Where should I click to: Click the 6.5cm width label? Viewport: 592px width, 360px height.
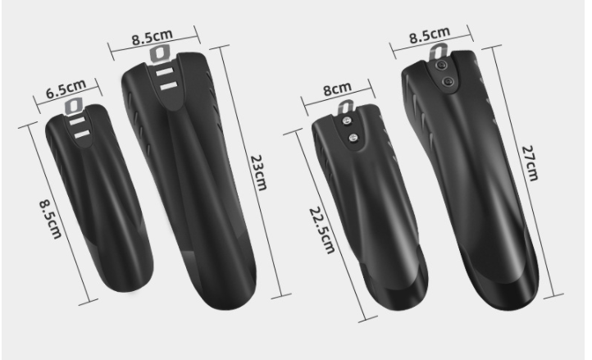(66, 89)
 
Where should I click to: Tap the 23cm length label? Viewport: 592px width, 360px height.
(259, 172)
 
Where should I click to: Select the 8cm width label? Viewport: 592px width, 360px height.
(337, 89)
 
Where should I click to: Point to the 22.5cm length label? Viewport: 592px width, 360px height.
(322, 230)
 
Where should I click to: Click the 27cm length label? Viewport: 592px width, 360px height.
(530, 163)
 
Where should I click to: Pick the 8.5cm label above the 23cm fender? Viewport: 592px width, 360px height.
(153, 37)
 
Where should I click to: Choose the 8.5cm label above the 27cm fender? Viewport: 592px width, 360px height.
(430, 34)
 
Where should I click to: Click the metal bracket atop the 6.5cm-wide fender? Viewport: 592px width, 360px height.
(74, 106)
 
